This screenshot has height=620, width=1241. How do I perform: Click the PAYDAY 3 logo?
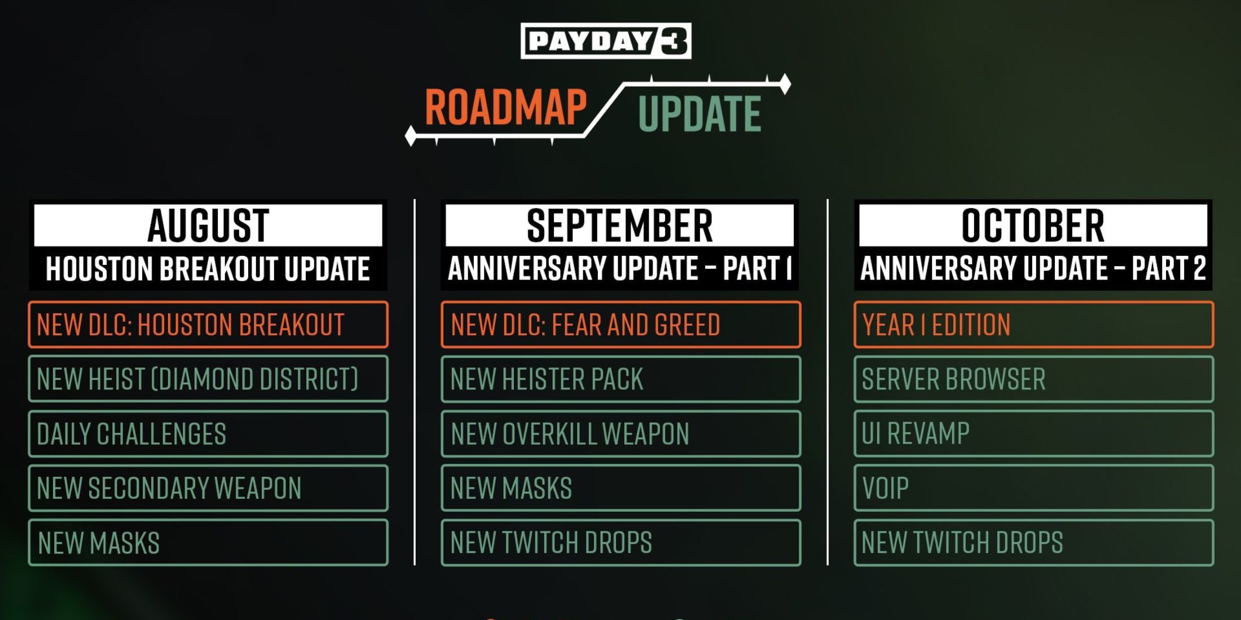[x=606, y=41]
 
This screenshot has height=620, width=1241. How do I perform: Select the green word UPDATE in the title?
[x=699, y=114]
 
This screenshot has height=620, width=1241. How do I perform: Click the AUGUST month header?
[x=208, y=225]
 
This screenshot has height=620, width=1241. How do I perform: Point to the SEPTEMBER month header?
[x=620, y=225]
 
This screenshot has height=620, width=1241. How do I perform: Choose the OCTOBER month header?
[x=1033, y=225]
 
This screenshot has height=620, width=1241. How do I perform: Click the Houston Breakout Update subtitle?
[x=208, y=268]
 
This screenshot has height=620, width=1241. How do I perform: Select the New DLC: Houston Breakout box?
[x=208, y=325]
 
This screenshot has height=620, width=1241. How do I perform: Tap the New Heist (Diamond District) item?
[x=208, y=379]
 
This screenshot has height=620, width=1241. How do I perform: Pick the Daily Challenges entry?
[x=208, y=433]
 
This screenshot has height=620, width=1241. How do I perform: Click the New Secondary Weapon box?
[x=208, y=488]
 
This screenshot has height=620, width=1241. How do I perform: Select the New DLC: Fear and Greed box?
[x=621, y=325]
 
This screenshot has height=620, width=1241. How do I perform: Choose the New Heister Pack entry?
[x=621, y=379]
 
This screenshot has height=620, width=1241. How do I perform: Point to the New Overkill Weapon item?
[x=621, y=433]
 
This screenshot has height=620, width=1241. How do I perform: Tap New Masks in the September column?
[x=621, y=488]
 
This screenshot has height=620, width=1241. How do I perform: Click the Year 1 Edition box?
[x=1034, y=325]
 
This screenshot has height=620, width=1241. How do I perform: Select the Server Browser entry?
[x=1034, y=379]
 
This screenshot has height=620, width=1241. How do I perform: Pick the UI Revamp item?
[x=1034, y=433]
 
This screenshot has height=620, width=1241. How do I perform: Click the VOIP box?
[x=1034, y=488]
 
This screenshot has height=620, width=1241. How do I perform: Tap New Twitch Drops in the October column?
[x=1034, y=543]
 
